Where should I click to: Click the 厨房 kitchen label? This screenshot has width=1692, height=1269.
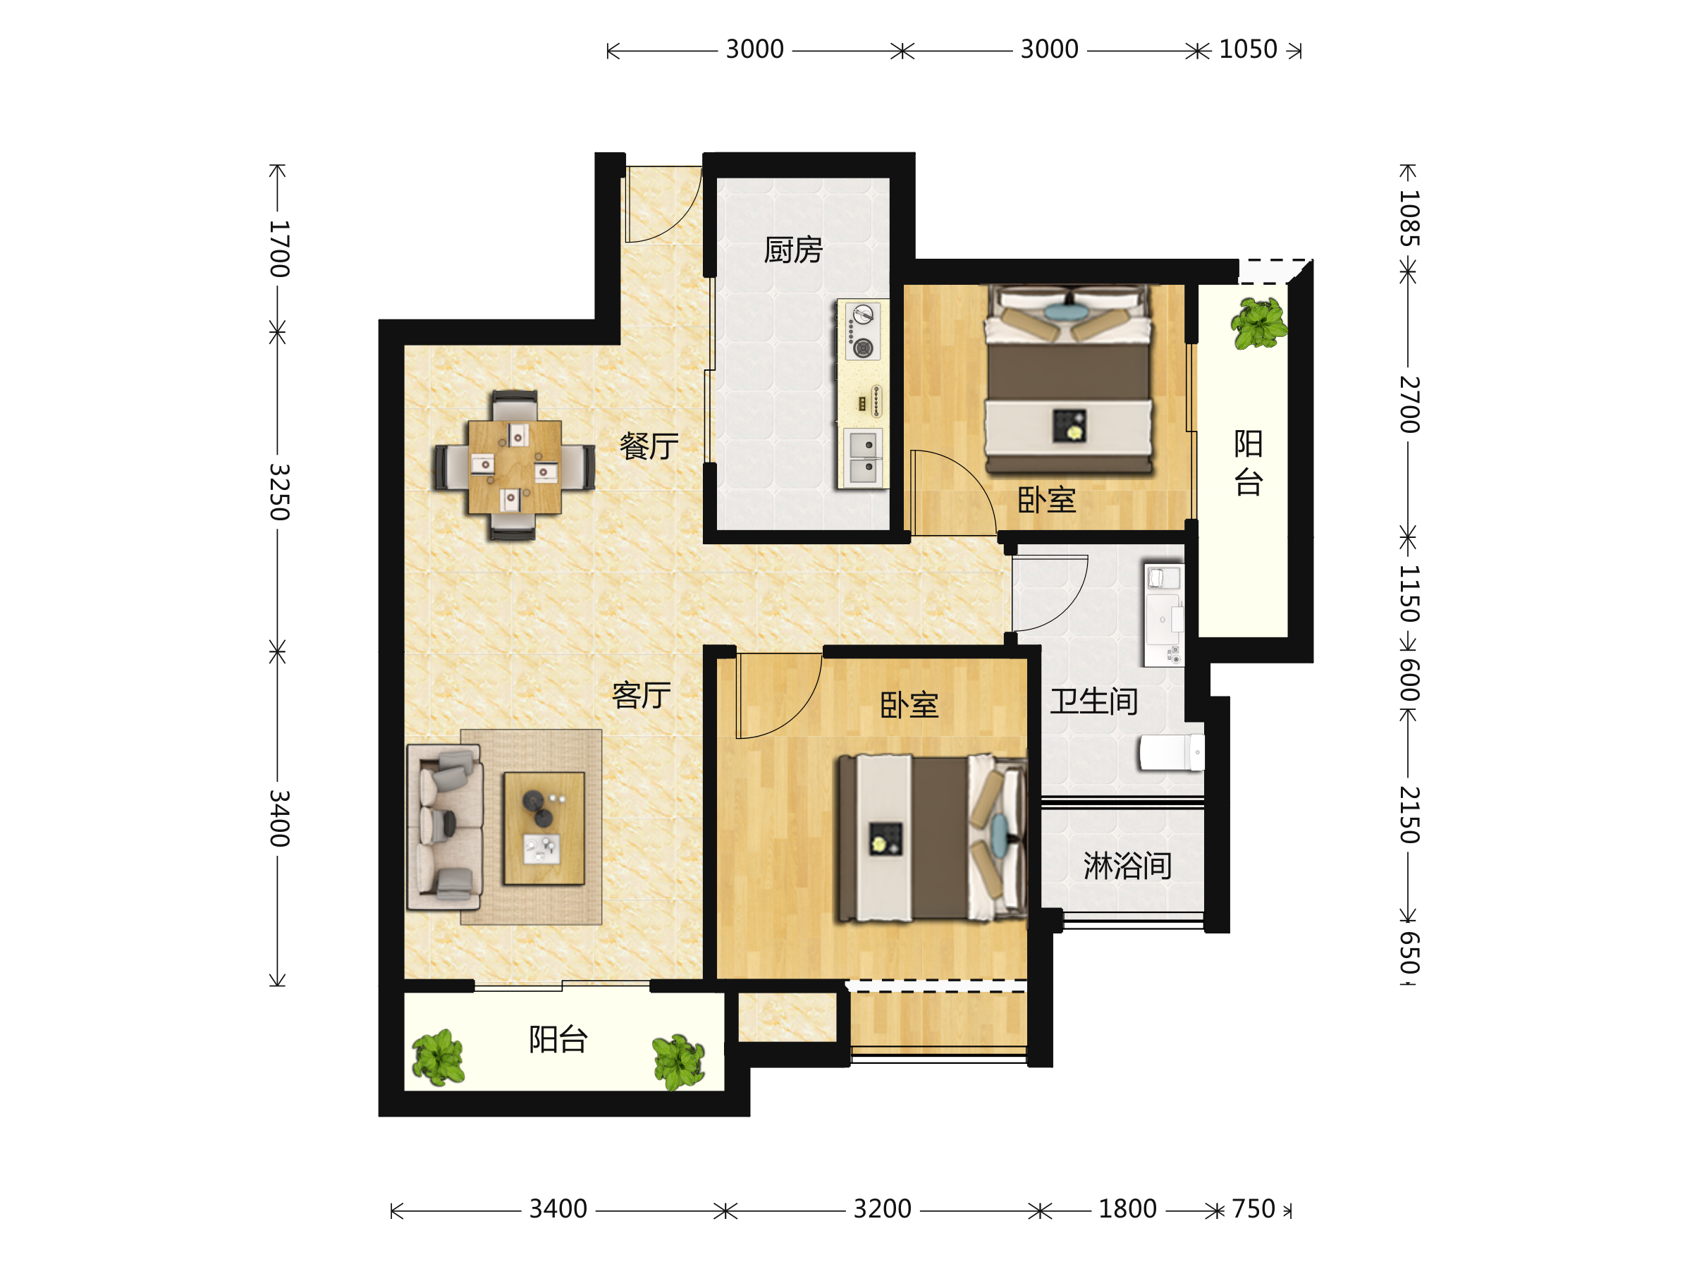pyautogui.click(x=793, y=250)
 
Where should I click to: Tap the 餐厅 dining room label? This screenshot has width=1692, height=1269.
pyautogui.click(x=649, y=446)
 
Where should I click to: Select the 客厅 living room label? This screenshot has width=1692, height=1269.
pyautogui.click(x=642, y=695)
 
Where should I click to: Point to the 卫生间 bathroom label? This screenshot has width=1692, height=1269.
pyautogui.click(x=1094, y=701)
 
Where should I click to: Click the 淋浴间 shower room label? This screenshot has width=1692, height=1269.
pyautogui.click(x=1127, y=866)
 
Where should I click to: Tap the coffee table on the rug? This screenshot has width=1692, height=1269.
pyautogui.click(x=544, y=828)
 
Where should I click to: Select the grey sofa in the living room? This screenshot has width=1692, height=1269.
pyautogui.click(x=445, y=827)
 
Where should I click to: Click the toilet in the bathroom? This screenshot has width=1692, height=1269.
pyautogui.click(x=1172, y=753)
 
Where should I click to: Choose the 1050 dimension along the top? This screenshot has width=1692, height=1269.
pyautogui.click(x=1249, y=50)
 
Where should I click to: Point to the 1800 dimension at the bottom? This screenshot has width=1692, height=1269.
pyautogui.click(x=1127, y=1209)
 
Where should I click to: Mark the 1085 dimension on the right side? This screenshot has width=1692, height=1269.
pyautogui.click(x=1410, y=218)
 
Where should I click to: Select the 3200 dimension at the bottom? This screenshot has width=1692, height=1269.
pyautogui.click(x=883, y=1209)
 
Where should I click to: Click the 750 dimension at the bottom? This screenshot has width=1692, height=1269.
pyautogui.click(x=1253, y=1209)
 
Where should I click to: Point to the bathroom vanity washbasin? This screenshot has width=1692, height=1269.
pyautogui.click(x=1163, y=615)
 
